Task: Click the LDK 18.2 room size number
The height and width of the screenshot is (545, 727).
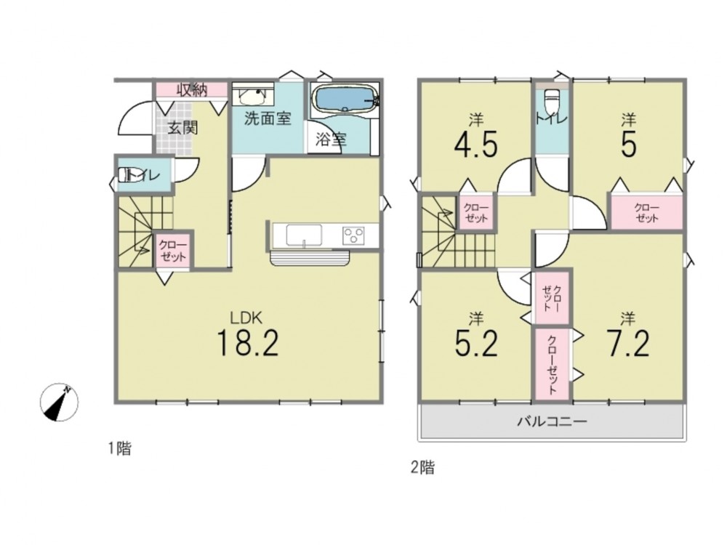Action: pos(247,342)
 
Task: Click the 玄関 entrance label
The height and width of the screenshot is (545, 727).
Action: pos(182,127)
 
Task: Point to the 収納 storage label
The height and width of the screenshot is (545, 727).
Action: pos(191,90)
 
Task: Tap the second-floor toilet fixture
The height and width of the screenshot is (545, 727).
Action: pos(552,102)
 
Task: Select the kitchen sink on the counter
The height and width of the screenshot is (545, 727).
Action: pos(304,235)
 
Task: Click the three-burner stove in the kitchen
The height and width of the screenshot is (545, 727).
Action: pos(353,235)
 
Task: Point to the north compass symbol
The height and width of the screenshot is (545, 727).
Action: pos(59,403)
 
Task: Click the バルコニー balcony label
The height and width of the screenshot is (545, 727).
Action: pos(553,421)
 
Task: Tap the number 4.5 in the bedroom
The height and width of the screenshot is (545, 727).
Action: pos(476,144)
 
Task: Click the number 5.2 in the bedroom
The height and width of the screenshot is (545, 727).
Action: pos(476,342)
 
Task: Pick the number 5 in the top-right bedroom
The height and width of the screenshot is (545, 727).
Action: pos(628,144)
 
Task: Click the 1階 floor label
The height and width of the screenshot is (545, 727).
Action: pos(120,448)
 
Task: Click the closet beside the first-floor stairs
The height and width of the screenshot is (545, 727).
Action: pos(172,250)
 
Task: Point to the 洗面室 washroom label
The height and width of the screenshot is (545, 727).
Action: pos(268,118)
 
